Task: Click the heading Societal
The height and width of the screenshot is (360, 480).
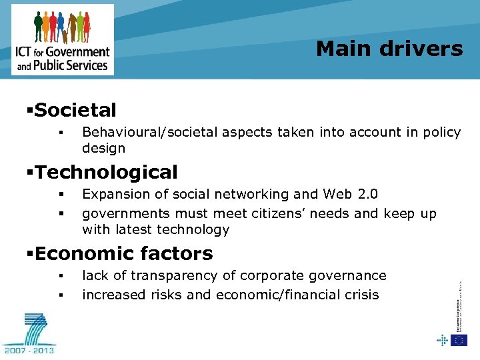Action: tap(75, 110)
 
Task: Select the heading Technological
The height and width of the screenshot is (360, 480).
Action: tap(106, 172)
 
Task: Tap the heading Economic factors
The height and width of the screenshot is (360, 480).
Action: tap(123, 253)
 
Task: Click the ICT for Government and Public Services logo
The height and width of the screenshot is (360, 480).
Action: tap(63, 40)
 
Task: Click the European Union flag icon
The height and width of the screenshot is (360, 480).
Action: tap(459, 340)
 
